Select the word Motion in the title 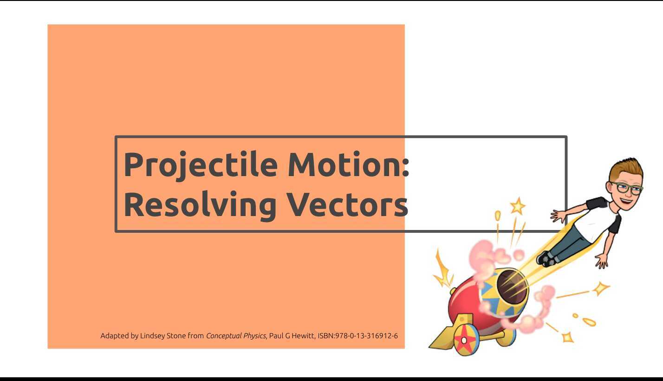344,164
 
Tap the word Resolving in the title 200,204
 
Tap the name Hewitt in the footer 303,335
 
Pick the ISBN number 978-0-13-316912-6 366,335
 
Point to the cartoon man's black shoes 546,258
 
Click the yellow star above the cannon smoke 517,206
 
